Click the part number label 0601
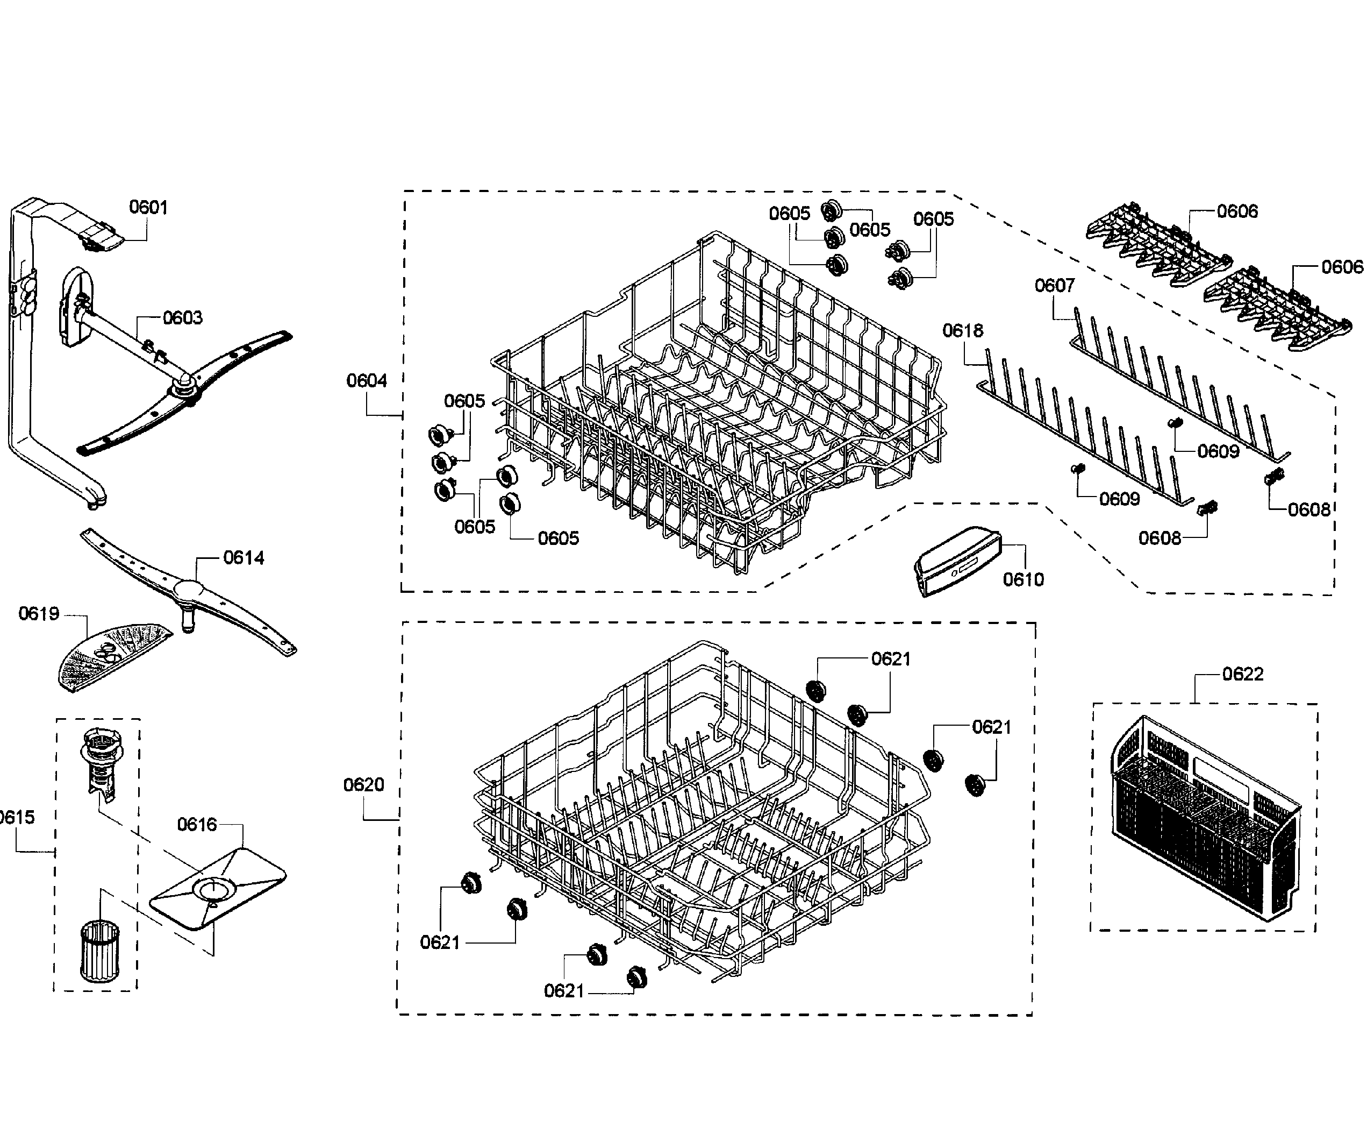click(x=148, y=207)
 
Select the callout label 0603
click(x=182, y=318)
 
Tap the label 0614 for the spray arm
click(x=244, y=557)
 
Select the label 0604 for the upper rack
click(x=367, y=381)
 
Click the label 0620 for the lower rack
click(x=364, y=785)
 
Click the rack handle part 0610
click(x=957, y=560)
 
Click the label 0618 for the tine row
click(x=963, y=331)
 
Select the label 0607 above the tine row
click(x=1055, y=285)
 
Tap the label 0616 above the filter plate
click(x=197, y=825)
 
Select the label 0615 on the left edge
click(x=16, y=817)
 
